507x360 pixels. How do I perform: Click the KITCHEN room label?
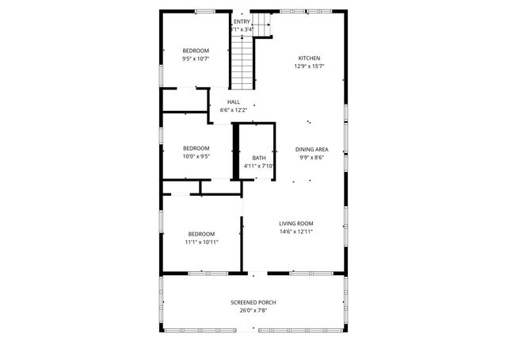pos(310,58)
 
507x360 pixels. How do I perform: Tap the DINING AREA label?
pos(311,149)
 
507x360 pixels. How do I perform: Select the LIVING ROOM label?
pos(296,224)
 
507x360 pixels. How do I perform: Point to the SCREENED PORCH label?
pos(253,302)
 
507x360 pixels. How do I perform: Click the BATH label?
pos(258,158)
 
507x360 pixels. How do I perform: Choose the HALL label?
pos(234,102)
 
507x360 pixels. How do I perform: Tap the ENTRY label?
pos(241,21)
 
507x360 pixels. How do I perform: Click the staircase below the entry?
pos(243,63)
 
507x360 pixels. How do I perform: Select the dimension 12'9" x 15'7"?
pos(310,66)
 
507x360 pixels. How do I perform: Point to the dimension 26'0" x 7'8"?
pos(253,310)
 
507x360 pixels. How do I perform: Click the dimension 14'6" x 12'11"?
pos(296,232)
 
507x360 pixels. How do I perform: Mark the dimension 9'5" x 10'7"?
pos(196,58)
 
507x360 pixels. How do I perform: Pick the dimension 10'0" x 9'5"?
pos(196,156)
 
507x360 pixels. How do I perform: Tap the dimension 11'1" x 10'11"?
pos(201,242)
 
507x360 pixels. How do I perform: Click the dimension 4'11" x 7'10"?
pos(258,166)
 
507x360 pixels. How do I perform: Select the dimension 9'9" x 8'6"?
pos(311,157)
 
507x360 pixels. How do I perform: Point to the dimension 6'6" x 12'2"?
pos(234,110)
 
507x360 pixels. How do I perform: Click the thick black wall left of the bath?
pos(235,151)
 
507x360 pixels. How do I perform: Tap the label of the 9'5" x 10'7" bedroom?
pos(196,50)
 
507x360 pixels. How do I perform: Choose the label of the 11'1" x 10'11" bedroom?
pos(201,234)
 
